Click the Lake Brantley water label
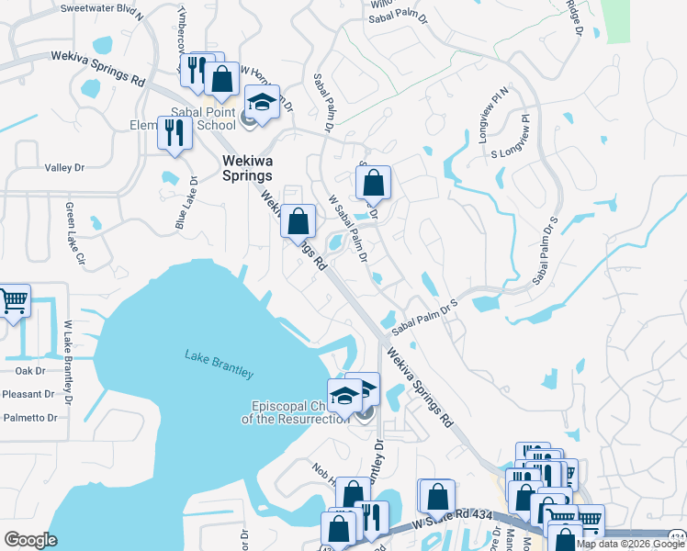(x=219, y=364)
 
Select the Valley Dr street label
(x=64, y=168)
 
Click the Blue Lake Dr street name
(x=185, y=203)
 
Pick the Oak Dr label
(x=29, y=371)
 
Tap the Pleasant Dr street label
(x=28, y=394)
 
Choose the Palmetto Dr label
(x=28, y=417)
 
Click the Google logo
(x=31, y=540)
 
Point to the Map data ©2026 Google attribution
(x=618, y=544)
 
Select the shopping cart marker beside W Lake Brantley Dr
(x=13, y=300)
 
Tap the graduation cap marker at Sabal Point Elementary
(x=262, y=101)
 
